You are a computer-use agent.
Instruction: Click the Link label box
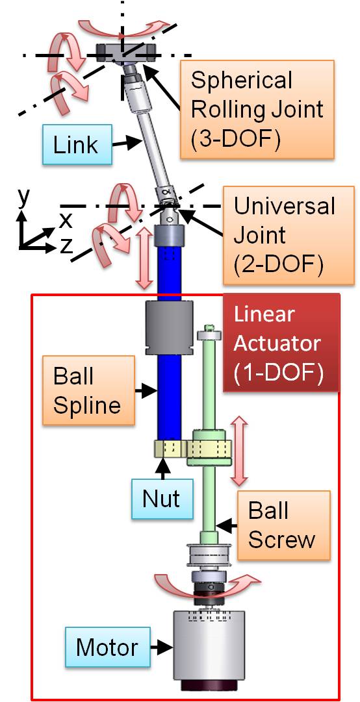[x=78, y=144]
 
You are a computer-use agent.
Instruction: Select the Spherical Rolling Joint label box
[x=257, y=109]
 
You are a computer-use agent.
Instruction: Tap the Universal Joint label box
[x=285, y=235]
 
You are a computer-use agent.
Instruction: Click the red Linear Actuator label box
[x=281, y=343]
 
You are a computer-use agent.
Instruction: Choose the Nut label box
[x=161, y=498]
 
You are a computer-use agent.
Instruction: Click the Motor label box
[x=107, y=647]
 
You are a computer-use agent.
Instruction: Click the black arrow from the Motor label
[x=161, y=647]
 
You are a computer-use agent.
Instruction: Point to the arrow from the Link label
[x=127, y=144]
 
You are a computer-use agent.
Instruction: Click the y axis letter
[x=24, y=197]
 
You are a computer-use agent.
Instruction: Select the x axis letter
[x=66, y=220]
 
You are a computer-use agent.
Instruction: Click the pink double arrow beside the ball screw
[x=239, y=451]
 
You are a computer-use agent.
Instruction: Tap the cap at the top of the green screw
[x=209, y=334]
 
